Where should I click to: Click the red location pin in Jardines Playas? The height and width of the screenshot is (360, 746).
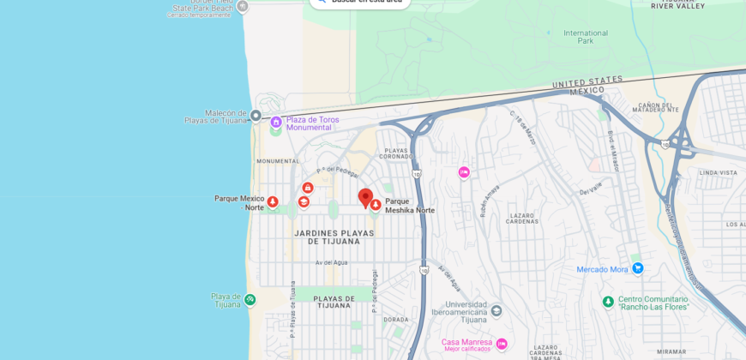(365, 198)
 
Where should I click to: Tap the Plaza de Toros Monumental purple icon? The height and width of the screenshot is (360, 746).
(276, 123)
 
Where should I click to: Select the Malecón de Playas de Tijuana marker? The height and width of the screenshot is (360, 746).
(255, 115)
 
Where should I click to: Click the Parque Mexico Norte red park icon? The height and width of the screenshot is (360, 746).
(273, 202)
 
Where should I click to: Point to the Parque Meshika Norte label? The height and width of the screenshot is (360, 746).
(409, 206)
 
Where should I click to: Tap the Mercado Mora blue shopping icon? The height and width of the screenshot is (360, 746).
(637, 268)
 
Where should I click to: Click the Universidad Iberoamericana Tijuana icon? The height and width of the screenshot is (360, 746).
(496, 310)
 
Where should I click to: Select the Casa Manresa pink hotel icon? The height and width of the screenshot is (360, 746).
(502, 344)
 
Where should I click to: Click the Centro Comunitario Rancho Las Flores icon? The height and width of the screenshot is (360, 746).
(608, 302)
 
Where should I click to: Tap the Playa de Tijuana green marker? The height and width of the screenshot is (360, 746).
(250, 300)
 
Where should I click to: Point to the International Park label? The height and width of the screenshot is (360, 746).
(585, 37)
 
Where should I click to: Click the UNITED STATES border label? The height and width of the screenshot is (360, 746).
(587, 81)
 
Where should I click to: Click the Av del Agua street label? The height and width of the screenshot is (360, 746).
(329, 262)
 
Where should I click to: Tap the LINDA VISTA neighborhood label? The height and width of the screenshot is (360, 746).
(718, 172)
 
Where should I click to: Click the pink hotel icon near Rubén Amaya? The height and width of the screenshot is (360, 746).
(464, 172)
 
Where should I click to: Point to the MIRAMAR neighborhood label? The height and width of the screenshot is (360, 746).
(671, 351)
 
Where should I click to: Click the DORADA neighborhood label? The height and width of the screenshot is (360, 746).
(396, 320)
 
